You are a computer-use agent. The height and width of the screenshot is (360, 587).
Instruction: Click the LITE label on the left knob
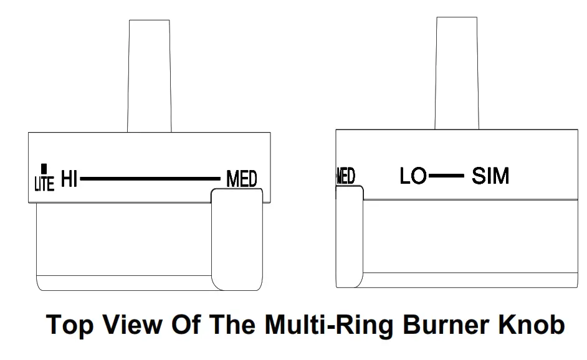[x=44, y=183]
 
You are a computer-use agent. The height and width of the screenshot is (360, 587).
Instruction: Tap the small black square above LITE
[x=44, y=168]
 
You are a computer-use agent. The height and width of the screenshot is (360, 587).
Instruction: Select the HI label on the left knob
[x=69, y=181]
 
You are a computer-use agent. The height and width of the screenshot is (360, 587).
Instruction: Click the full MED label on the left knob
[x=242, y=180]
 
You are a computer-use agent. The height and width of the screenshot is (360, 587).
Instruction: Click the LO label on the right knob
[x=413, y=176]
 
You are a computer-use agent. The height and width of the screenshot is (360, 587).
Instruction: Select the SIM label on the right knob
[x=490, y=176]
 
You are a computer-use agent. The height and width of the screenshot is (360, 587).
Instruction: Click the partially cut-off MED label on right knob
[x=345, y=176]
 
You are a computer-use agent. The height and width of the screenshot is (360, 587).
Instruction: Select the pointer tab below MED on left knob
[x=237, y=240]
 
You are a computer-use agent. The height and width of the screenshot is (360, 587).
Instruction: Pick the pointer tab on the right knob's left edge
[x=350, y=237]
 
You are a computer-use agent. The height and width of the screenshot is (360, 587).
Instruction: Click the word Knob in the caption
[x=533, y=325]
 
